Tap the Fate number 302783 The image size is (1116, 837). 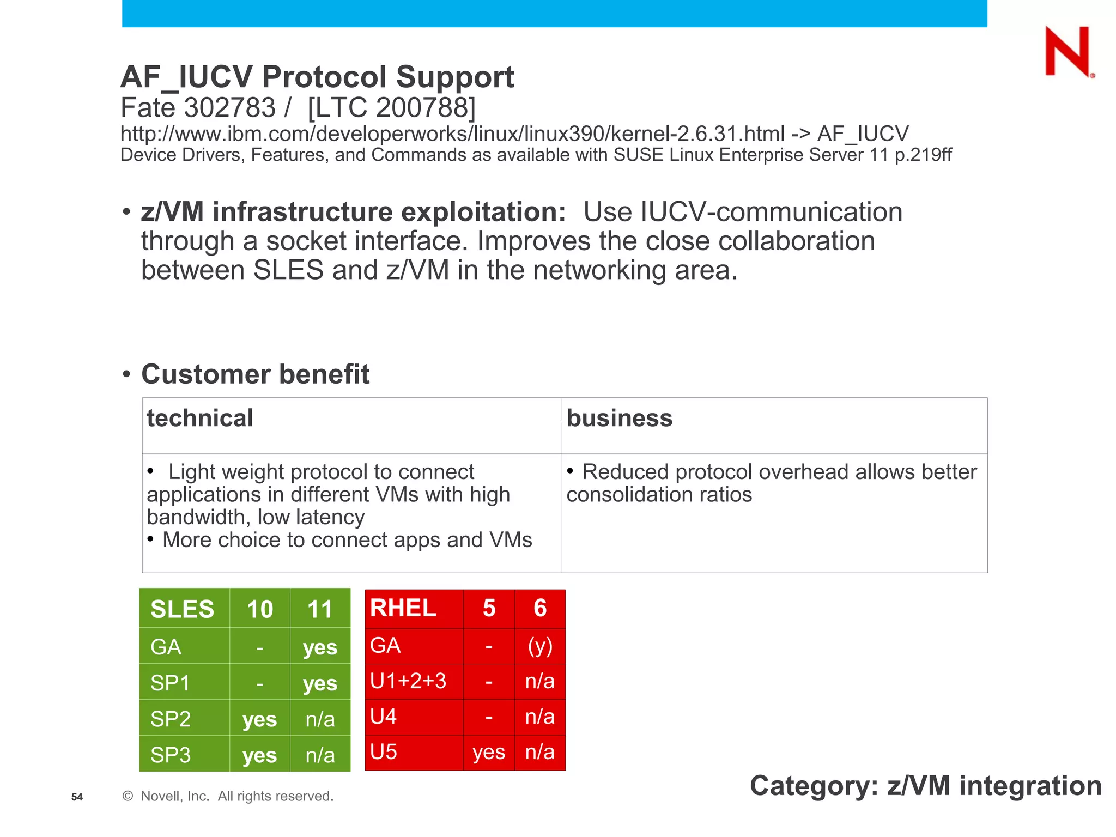tap(230, 107)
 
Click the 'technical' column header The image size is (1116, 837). tap(200, 418)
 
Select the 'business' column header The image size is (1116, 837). tap(620, 418)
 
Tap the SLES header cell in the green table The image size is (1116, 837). tap(182, 609)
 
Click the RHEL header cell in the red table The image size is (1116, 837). tap(403, 608)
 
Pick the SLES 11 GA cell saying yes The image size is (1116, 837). tap(320, 647)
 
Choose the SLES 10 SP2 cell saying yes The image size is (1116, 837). tap(259, 719)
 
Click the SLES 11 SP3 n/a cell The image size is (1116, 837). tap(320, 755)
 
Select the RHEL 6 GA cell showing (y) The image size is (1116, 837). tap(540, 646)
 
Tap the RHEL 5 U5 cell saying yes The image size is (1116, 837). tap(489, 752)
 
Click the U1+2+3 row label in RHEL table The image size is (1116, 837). tap(408, 681)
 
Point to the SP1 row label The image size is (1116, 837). tap(170, 683)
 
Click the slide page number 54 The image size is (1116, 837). tap(77, 797)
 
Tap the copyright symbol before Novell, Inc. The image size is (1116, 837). tap(128, 796)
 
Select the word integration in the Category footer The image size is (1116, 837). tap(1030, 786)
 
